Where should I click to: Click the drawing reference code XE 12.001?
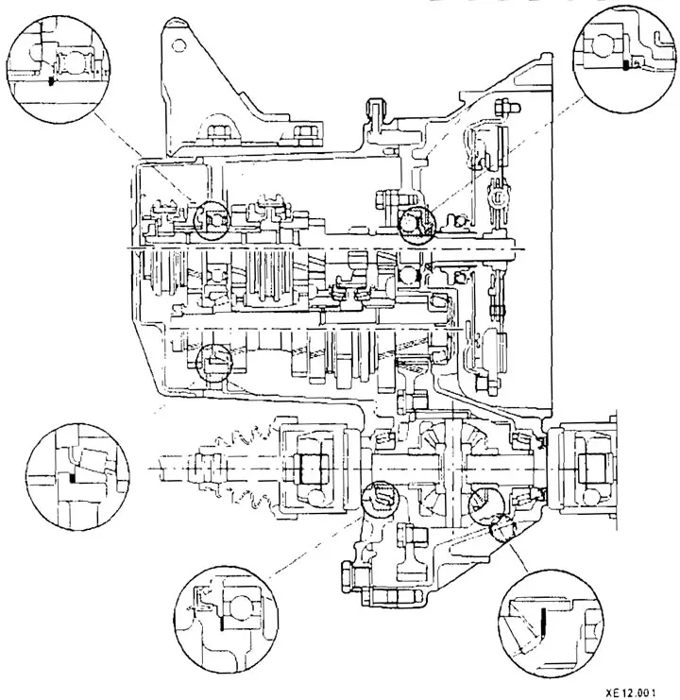pyautogui.click(x=631, y=692)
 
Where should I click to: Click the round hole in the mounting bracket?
pyautogui.click(x=178, y=45)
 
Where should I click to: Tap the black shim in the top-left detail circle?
pyautogui.click(x=50, y=81)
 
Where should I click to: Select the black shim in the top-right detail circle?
pyautogui.click(x=626, y=65)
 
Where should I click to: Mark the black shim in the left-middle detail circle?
pyautogui.click(x=72, y=477)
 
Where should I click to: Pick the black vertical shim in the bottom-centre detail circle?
pyautogui.click(x=221, y=620)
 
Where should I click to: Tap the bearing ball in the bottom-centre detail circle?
pyautogui.click(x=241, y=608)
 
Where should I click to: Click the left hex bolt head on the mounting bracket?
pyautogui.click(x=219, y=132)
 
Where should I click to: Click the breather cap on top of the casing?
pyautogui.click(x=374, y=107)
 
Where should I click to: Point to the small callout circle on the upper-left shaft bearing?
pyautogui.click(x=212, y=220)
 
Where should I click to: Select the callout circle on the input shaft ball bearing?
pyautogui.click(x=415, y=225)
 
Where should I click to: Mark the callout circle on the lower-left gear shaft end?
pyautogui.click(x=213, y=363)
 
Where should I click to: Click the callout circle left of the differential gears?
pyautogui.click(x=380, y=499)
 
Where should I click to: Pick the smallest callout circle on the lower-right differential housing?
pyautogui.click(x=502, y=527)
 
